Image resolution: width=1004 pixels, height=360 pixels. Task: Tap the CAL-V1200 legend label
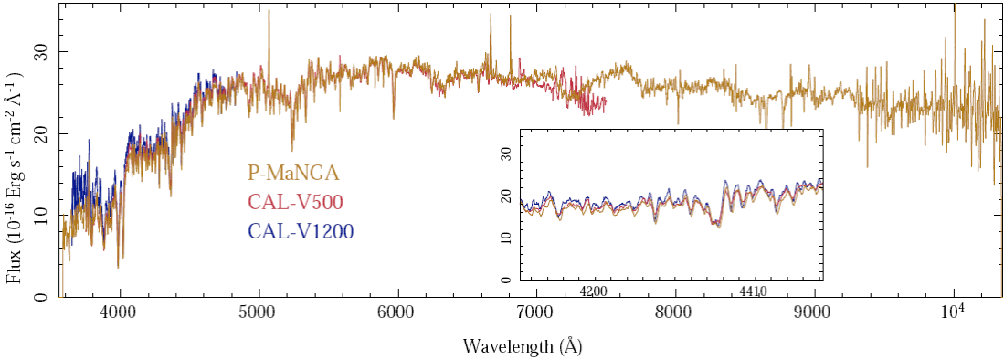(x=301, y=232)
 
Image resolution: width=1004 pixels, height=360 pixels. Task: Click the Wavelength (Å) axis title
(x=523, y=346)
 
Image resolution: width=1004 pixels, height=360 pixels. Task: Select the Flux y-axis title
(x=16, y=175)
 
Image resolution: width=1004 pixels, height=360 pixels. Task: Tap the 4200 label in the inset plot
(x=595, y=292)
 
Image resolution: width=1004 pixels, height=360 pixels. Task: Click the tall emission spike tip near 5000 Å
(x=269, y=12)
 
